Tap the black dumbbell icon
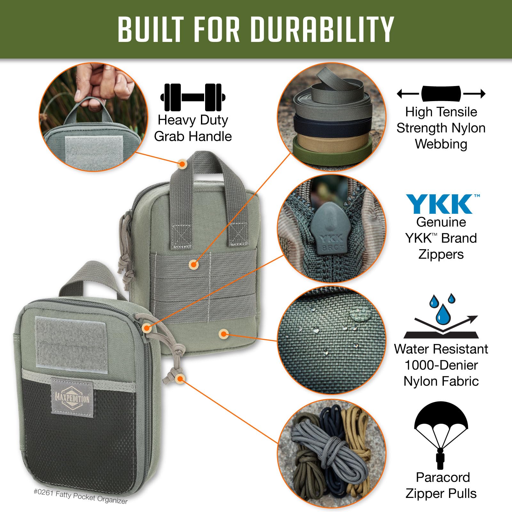click(x=193, y=97)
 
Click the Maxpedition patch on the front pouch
click(x=72, y=399)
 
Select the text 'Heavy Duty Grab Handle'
click(x=193, y=128)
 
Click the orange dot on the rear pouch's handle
click(x=182, y=164)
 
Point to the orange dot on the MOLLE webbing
click(x=194, y=265)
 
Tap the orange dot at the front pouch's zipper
click(x=147, y=328)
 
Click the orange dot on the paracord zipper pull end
click(x=180, y=379)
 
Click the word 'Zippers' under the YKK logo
click(x=441, y=254)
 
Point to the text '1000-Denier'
click(x=441, y=365)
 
